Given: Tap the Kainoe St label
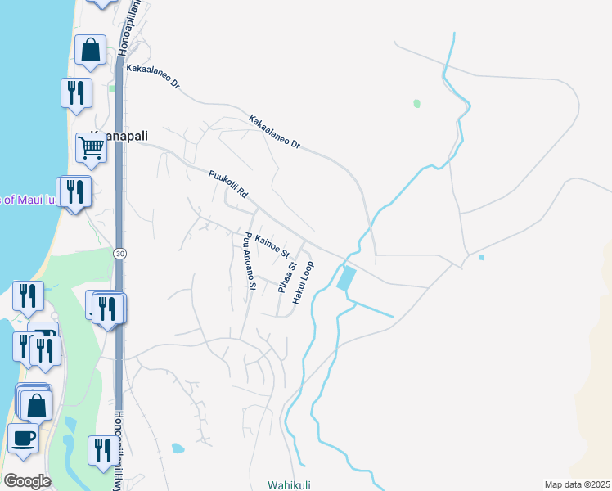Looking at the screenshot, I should coord(272,244).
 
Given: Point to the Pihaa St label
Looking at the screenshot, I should coord(286,277).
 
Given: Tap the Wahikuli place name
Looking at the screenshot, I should coord(289,484).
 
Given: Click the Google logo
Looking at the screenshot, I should coord(26,480).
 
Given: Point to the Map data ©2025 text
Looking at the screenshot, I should coord(577,484).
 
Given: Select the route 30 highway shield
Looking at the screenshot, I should coord(120,253).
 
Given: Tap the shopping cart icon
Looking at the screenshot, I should coord(91,147).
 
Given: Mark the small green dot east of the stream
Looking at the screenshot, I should coord(417,104).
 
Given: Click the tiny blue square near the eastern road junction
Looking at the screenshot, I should coord(481,258).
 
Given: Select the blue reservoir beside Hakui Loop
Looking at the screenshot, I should coord(347,278).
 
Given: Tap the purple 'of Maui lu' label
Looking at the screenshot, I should coord(28,199).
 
